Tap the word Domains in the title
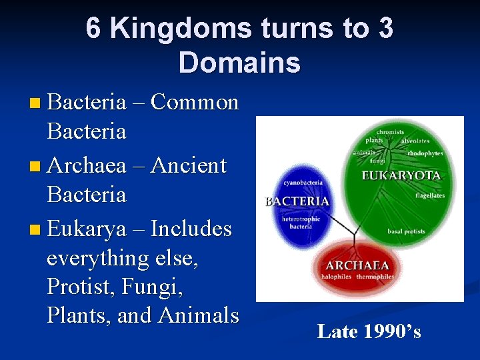tap(239, 63)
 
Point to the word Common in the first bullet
tap(195, 102)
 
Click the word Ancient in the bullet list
tap(189, 165)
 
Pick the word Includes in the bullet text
tap(191, 229)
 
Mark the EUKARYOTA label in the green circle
tap(401, 176)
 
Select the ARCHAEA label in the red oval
tap(357, 265)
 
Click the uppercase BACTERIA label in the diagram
tap(297, 201)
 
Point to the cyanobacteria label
tap(303, 182)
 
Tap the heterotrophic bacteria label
tap(301, 222)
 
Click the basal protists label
tap(406, 232)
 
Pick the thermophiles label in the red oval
tap(375, 276)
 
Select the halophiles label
tap(336, 276)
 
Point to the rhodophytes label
tap(424, 153)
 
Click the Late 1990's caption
tap(369, 331)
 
